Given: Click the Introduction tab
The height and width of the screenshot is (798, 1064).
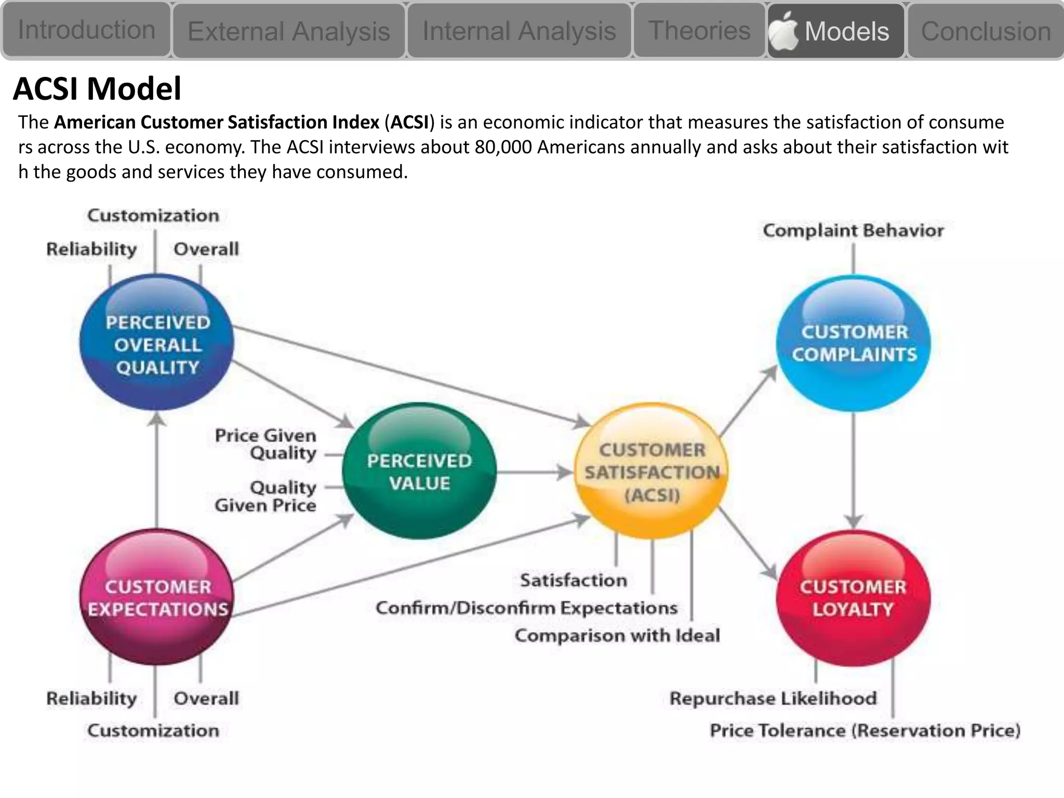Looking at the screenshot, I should (86, 30).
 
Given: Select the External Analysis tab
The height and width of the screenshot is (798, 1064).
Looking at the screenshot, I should (288, 31).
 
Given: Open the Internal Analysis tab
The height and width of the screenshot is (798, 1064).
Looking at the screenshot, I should (519, 31).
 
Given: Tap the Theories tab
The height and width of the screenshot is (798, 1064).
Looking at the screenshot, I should (699, 30).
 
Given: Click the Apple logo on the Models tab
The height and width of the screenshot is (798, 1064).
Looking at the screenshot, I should (783, 30).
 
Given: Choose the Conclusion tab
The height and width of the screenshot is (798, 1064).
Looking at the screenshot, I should (986, 31).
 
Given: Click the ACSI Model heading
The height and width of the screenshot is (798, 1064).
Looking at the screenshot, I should (97, 88).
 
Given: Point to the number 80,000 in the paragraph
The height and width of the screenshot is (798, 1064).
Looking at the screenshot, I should (503, 147).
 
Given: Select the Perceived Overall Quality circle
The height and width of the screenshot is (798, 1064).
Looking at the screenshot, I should (157, 343).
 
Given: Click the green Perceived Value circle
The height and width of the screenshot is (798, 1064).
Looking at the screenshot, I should (419, 471).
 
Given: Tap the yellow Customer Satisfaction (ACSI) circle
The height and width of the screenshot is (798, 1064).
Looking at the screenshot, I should (651, 471).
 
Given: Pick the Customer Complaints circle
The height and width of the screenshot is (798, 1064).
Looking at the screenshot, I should (854, 343).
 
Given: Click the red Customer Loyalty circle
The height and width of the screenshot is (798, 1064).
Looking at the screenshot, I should (853, 598).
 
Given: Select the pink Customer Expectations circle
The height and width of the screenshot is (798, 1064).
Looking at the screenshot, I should (157, 597).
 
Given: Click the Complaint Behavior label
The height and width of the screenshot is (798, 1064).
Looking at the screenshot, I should (853, 230).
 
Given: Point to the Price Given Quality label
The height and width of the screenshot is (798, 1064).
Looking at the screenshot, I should (266, 444).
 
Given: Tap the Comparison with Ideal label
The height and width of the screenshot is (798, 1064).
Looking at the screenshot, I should (617, 635).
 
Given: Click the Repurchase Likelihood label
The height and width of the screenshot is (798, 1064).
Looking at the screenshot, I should (773, 698).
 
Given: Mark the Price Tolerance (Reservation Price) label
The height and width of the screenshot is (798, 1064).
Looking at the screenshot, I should (865, 730).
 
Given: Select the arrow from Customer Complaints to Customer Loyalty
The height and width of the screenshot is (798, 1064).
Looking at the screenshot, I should (854, 468).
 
